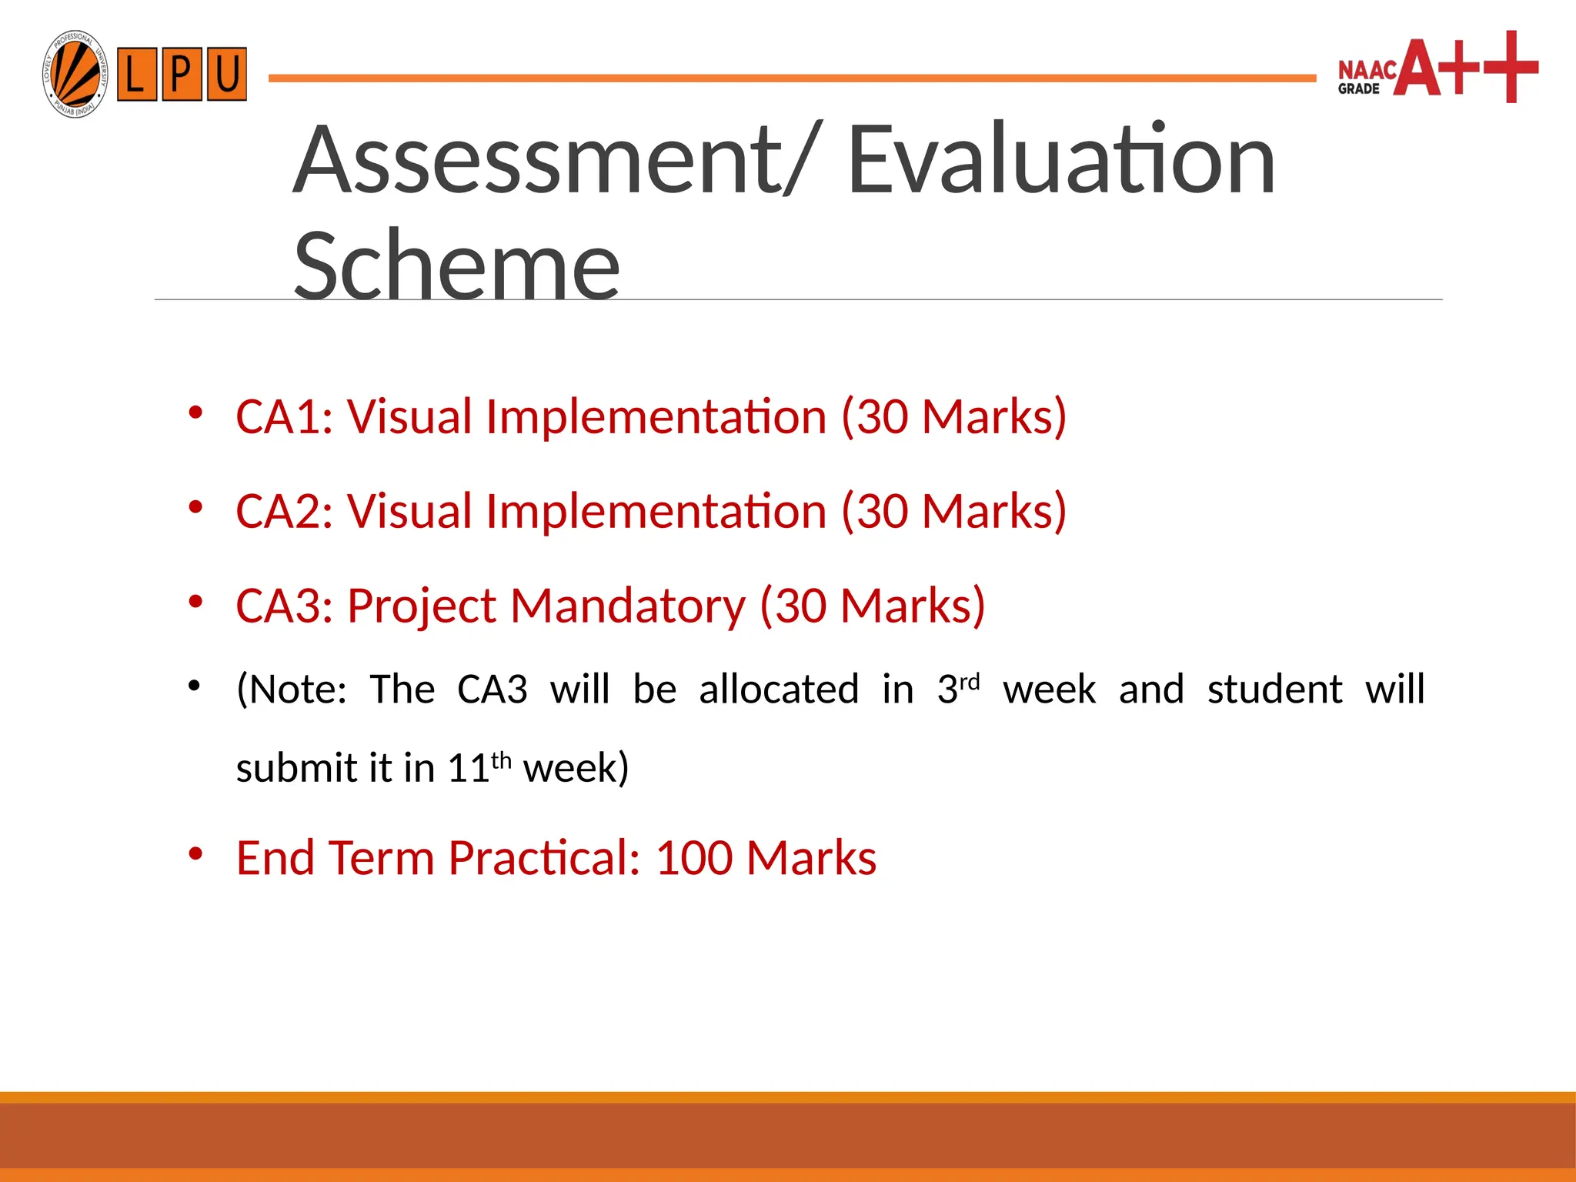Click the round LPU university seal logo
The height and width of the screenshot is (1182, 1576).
[75, 75]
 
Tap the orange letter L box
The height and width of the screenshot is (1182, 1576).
[136, 75]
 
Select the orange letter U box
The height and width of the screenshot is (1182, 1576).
[226, 75]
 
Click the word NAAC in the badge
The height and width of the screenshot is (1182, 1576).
[1367, 70]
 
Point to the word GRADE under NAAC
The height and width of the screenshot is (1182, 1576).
[1358, 89]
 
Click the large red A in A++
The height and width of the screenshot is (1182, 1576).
[1417, 69]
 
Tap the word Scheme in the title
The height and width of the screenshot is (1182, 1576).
[456, 265]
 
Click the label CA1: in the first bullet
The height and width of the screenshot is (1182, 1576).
[284, 417]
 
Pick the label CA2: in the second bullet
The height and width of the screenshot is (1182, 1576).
[284, 512]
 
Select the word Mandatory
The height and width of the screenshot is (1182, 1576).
[627, 606]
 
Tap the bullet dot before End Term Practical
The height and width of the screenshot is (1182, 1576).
[195, 853]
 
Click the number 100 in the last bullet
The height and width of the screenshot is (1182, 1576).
[693, 858]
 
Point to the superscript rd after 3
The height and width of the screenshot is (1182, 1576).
[970, 683]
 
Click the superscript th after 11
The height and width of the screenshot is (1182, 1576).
[501, 760]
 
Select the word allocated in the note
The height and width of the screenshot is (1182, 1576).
[778, 689]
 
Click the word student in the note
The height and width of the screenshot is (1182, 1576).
[1274, 689]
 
